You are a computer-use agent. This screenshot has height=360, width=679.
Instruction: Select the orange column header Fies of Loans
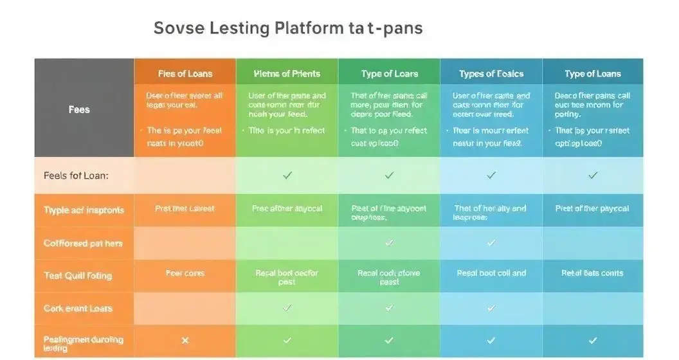[185, 73]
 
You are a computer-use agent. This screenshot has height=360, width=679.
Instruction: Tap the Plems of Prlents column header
[287, 73]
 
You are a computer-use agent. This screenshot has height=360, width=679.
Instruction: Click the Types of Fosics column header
[491, 73]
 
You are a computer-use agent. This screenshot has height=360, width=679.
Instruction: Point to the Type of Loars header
[390, 73]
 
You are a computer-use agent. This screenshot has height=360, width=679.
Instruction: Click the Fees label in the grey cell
[79, 109]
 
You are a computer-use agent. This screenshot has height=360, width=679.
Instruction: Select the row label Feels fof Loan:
[76, 175]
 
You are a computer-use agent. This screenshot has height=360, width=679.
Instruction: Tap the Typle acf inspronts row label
[84, 210]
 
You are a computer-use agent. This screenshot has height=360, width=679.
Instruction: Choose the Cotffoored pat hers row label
[83, 244]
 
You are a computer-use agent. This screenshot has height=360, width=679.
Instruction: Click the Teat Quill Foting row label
[78, 276]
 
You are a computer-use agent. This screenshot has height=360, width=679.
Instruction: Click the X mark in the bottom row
[185, 340]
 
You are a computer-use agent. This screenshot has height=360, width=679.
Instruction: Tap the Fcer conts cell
[185, 273]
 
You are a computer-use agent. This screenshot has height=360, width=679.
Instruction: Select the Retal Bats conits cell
[592, 273]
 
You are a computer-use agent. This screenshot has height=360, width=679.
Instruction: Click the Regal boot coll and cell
[491, 273]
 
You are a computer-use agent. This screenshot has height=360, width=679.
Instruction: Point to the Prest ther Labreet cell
[185, 208]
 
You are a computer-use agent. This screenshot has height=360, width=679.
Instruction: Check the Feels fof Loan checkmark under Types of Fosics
[491, 175]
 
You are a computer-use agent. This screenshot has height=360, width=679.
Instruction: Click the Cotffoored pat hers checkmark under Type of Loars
[389, 242]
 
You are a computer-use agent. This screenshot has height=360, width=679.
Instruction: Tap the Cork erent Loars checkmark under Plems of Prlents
[287, 308]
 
